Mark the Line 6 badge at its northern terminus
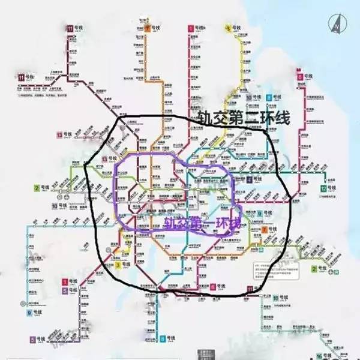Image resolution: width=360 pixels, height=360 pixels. tap(299, 77)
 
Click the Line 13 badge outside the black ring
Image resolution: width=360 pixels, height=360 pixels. tap(59, 134)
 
